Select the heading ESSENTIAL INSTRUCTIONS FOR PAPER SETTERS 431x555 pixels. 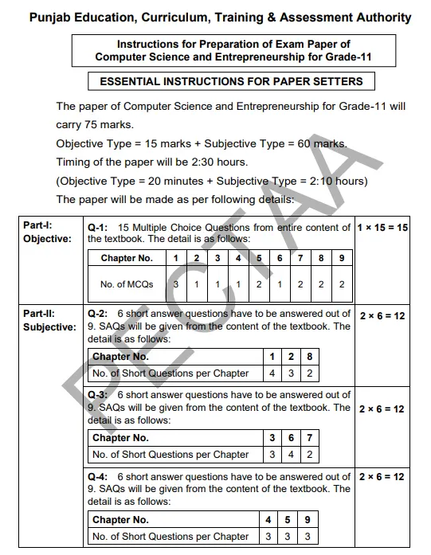click(x=231, y=81)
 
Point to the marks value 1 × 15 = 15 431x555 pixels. click(x=382, y=228)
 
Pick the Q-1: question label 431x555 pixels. click(x=99, y=228)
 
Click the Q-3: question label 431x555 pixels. click(x=99, y=395)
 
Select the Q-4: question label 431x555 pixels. click(x=99, y=477)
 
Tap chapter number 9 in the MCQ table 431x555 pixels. click(x=341, y=258)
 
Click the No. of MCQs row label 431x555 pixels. click(x=127, y=284)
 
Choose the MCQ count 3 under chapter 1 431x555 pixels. click(x=176, y=284)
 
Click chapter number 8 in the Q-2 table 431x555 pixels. click(x=309, y=357)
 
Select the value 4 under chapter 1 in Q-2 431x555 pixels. click(x=272, y=373)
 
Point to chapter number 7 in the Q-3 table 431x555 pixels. click(x=309, y=438)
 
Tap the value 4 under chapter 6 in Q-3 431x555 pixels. click(x=291, y=455)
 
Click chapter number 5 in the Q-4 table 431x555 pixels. click(x=291, y=520)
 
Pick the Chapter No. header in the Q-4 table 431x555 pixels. click(x=121, y=520)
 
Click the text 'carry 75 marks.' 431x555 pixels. click(x=95, y=125)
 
